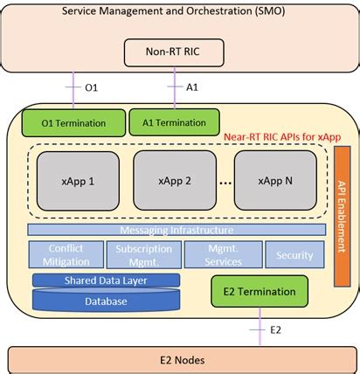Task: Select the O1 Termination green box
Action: pos(73,122)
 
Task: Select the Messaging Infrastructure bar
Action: pos(176,230)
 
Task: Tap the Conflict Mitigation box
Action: pos(66,253)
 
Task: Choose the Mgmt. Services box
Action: pos(223,253)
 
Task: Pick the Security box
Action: pos(294,255)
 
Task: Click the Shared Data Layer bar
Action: pos(106,280)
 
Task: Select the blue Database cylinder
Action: pos(106,301)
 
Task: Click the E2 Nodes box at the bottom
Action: pos(179,358)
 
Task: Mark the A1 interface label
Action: pos(191,87)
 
